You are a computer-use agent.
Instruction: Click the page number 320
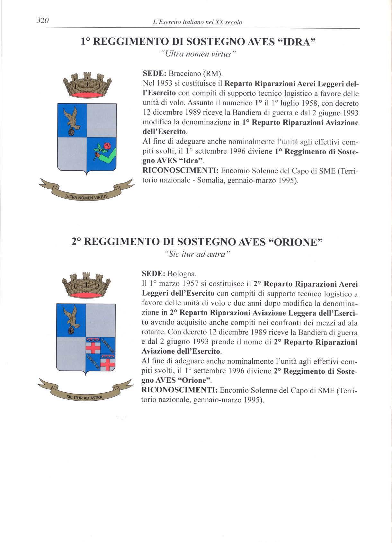(x=42, y=21)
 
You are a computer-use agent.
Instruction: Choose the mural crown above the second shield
(x=86, y=285)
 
